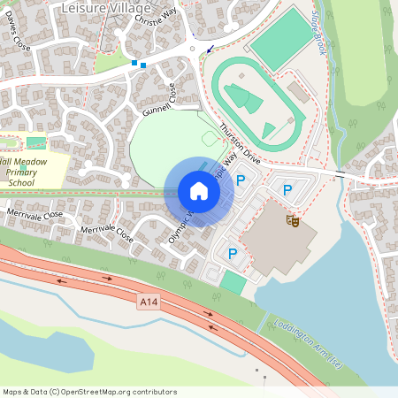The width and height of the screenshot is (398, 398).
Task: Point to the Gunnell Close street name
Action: (x=156, y=103)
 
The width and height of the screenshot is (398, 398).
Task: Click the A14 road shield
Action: (x=149, y=302)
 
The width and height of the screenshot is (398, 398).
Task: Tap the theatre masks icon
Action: (x=293, y=219)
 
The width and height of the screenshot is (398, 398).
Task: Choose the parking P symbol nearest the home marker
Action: (x=241, y=180)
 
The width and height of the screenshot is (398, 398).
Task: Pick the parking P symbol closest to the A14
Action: (x=233, y=254)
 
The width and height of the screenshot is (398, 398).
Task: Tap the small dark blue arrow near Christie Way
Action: (x=210, y=50)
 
